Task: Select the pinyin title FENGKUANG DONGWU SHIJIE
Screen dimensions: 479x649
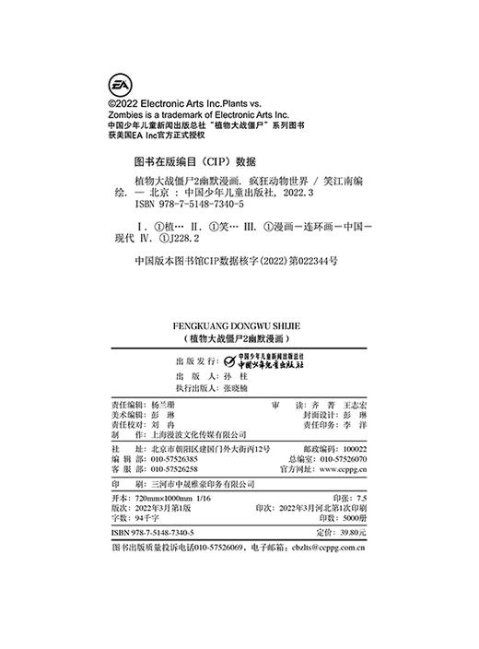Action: [239, 325]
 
